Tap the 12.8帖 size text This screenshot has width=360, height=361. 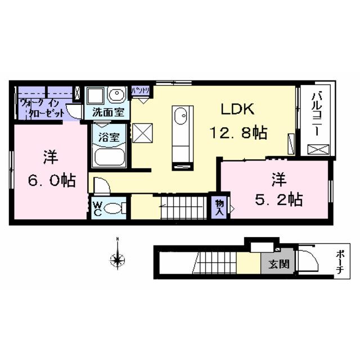238,133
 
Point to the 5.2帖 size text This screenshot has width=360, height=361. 278,198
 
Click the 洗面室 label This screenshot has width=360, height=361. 107,112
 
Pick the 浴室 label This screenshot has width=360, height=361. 109,136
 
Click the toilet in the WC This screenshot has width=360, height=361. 115,208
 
